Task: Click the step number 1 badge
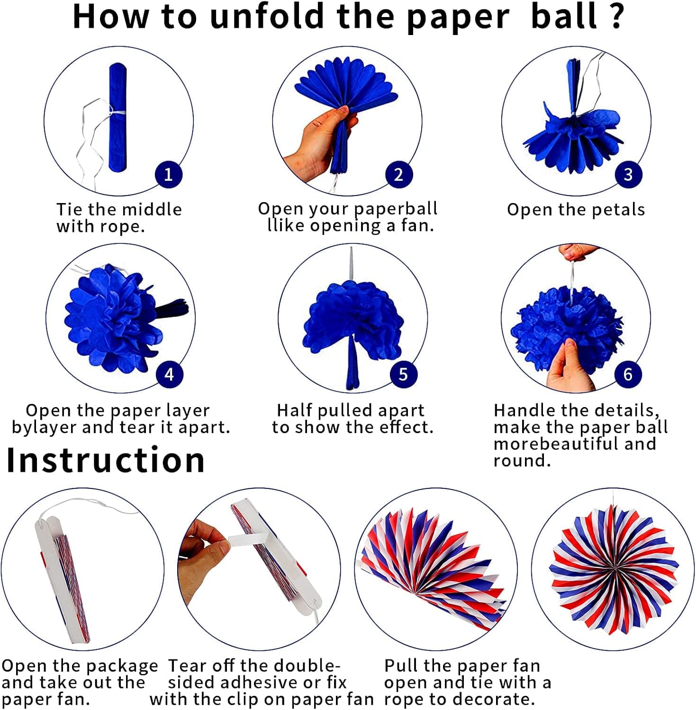(x=168, y=175)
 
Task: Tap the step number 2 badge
(x=398, y=175)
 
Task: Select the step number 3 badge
(x=628, y=175)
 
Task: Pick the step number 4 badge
(x=169, y=374)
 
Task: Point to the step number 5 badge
(x=403, y=374)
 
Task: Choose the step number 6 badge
(x=628, y=374)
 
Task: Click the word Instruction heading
(x=105, y=461)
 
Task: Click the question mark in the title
(x=616, y=17)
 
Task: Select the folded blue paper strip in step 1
(x=118, y=117)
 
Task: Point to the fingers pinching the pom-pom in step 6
(x=566, y=364)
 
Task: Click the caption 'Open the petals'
(x=576, y=210)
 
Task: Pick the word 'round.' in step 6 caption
(x=522, y=461)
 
